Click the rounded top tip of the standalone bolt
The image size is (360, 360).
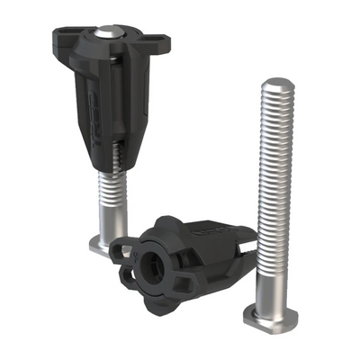click(x=275, y=83)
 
